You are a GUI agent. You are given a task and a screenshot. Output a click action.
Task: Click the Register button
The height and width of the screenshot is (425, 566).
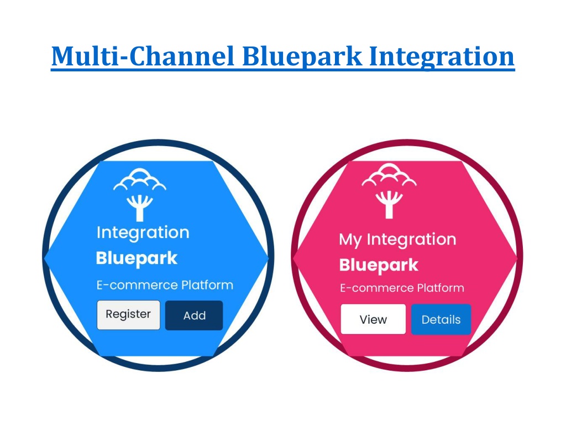[128, 315]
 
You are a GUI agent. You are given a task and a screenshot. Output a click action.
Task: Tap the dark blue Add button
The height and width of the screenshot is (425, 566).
[194, 315]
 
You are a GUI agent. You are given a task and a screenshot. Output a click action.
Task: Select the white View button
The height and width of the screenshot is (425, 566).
[373, 319]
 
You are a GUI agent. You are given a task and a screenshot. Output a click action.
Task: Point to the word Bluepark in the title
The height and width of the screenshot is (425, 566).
[302, 57]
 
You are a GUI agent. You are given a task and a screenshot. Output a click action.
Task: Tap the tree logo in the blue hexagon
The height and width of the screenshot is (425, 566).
[140, 194]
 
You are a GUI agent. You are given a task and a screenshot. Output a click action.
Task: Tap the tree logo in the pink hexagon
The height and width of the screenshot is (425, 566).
[389, 191]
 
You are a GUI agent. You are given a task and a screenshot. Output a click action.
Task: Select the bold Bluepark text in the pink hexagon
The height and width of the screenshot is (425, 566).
[379, 266]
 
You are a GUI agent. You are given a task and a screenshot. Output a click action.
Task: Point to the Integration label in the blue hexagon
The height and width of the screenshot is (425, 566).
[143, 233]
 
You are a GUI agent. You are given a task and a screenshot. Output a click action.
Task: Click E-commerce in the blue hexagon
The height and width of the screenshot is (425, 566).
[137, 285]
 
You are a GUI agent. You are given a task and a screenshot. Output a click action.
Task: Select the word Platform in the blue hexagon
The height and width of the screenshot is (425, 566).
[207, 285]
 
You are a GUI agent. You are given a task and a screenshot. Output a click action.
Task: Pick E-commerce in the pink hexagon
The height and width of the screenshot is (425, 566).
[377, 288]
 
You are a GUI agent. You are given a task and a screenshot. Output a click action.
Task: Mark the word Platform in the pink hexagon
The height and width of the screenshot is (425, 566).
[441, 288]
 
